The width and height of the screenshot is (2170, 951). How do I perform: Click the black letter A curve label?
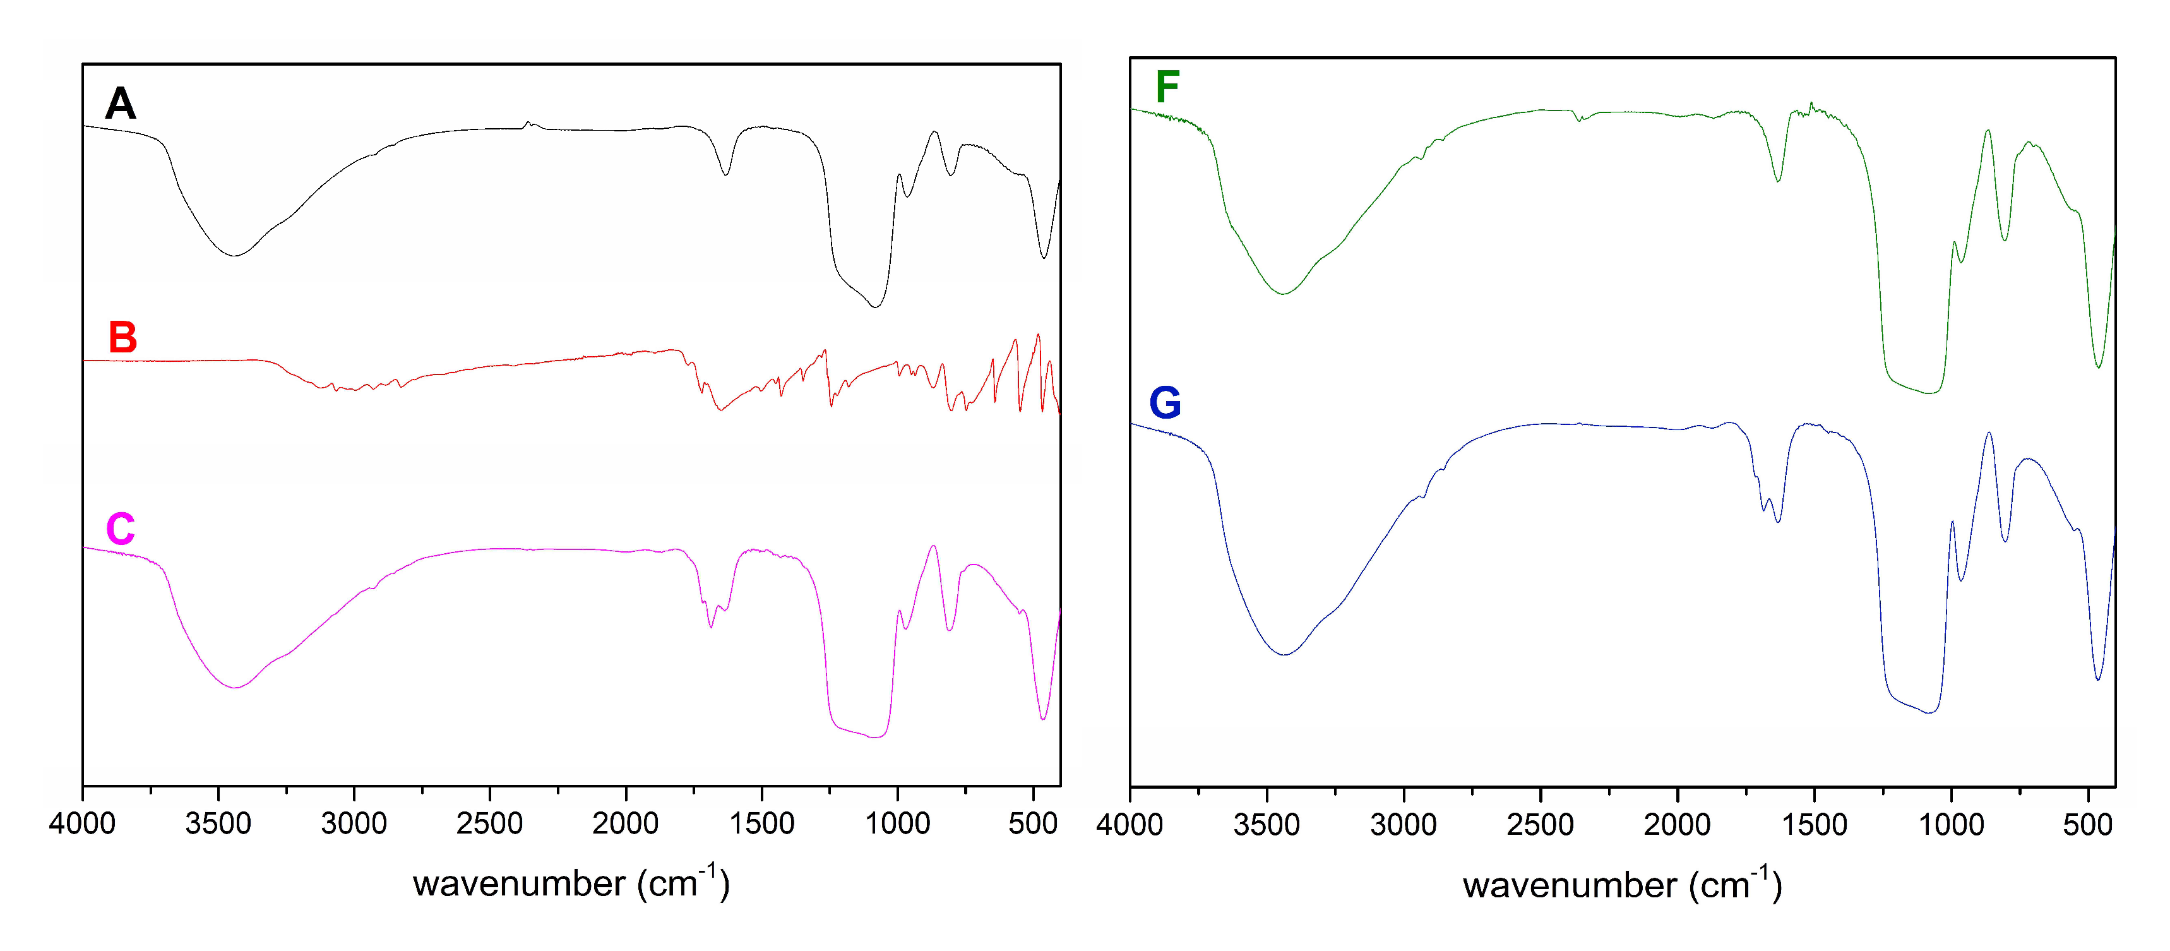121,104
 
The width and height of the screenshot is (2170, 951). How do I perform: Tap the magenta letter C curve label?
121,529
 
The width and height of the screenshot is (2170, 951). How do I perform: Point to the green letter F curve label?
1167,87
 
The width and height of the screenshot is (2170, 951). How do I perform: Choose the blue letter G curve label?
1165,403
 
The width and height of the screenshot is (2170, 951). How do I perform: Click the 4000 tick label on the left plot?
83,823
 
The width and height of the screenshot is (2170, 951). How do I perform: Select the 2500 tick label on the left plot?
489,823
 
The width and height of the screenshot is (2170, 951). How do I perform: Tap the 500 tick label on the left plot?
1033,823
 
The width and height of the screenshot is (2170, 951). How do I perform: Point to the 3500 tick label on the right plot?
1266,825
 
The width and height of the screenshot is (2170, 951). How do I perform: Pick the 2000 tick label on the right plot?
1677,825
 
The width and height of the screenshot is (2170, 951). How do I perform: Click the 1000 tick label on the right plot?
1951,825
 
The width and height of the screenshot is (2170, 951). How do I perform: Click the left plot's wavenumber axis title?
571,882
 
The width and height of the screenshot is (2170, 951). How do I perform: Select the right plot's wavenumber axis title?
1621,885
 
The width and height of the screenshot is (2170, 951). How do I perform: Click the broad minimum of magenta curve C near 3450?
236,687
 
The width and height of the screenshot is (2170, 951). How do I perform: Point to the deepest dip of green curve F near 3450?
1283,293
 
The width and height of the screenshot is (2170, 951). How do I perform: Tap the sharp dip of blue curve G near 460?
2097,679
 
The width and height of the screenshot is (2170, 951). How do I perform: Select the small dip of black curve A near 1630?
726,174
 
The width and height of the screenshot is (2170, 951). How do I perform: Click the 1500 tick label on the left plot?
761,823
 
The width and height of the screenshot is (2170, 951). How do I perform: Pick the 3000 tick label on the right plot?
1404,825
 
